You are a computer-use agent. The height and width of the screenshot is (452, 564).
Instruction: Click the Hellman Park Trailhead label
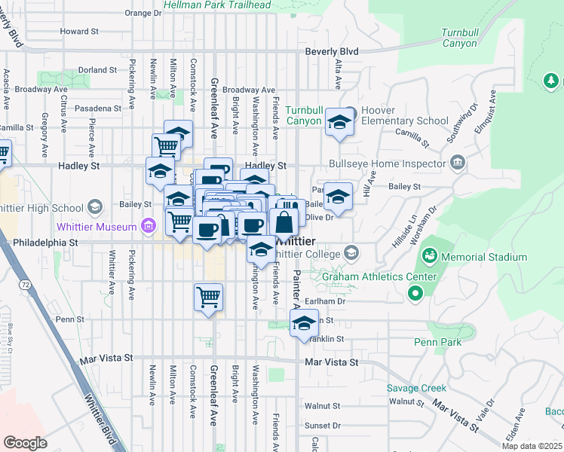point(217,5)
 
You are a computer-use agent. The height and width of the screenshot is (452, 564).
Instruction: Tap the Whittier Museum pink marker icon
point(149,226)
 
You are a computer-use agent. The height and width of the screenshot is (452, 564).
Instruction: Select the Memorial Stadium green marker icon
point(430,257)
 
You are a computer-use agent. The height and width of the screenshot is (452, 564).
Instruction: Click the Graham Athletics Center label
point(379,276)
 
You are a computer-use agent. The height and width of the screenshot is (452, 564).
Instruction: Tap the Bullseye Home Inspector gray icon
point(457,163)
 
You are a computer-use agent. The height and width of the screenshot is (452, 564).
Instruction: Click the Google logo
point(25,443)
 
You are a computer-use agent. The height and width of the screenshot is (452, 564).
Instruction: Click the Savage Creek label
point(416,389)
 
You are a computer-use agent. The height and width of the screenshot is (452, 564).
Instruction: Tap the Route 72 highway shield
point(26,285)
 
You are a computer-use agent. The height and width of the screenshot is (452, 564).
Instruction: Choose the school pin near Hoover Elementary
point(339,123)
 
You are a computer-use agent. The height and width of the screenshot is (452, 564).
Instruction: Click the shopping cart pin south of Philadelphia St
point(208,295)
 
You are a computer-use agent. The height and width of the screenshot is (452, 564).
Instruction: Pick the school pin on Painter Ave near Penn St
point(304,323)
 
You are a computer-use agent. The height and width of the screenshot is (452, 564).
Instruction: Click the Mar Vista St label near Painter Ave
point(332,362)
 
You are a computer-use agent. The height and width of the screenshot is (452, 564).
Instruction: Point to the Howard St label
point(79,32)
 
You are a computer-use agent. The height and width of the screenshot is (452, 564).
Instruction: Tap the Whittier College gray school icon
point(351,252)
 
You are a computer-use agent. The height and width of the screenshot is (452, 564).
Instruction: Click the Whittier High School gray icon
point(95,206)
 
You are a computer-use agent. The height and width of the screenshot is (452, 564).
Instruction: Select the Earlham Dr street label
point(330,301)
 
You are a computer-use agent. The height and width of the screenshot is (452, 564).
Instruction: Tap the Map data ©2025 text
point(532,446)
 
